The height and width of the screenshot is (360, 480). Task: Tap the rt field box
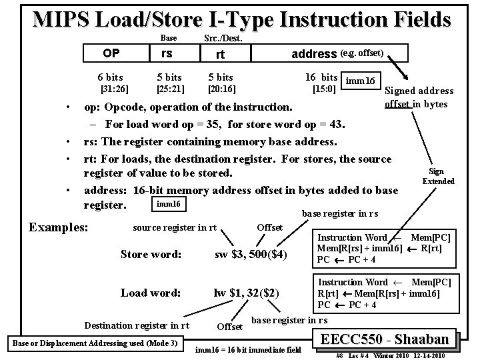click(x=219, y=54)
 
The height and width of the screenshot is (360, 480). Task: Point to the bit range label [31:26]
click(x=114, y=89)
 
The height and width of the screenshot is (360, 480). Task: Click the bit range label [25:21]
click(x=169, y=89)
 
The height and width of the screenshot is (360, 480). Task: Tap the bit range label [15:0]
click(x=323, y=89)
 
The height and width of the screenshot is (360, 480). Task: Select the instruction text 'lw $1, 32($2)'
click(x=246, y=293)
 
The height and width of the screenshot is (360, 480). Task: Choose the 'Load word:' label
click(x=150, y=293)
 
